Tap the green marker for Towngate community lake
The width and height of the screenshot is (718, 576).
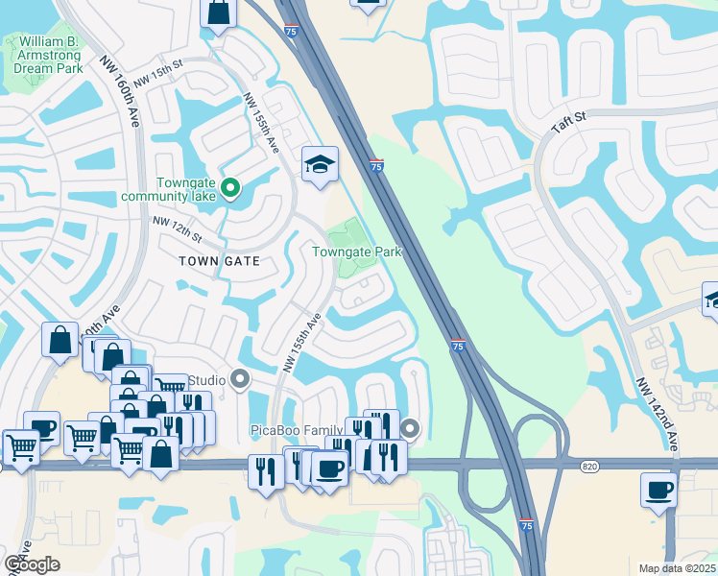click(x=229, y=187)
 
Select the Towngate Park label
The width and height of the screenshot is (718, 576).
click(x=355, y=252)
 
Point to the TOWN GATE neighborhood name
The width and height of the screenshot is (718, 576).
click(x=219, y=260)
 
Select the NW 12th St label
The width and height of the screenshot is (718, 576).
click(x=178, y=228)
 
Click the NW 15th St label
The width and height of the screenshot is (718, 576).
click(x=158, y=76)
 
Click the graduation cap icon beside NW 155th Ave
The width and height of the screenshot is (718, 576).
click(x=320, y=164)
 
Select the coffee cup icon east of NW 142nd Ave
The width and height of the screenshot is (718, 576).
click(x=658, y=490)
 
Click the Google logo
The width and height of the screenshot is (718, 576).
click(x=32, y=564)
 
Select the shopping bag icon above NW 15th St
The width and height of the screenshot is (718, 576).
click(x=219, y=13)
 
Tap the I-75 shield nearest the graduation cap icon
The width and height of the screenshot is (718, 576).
click(x=376, y=166)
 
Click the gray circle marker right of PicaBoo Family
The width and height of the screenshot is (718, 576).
click(x=411, y=428)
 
